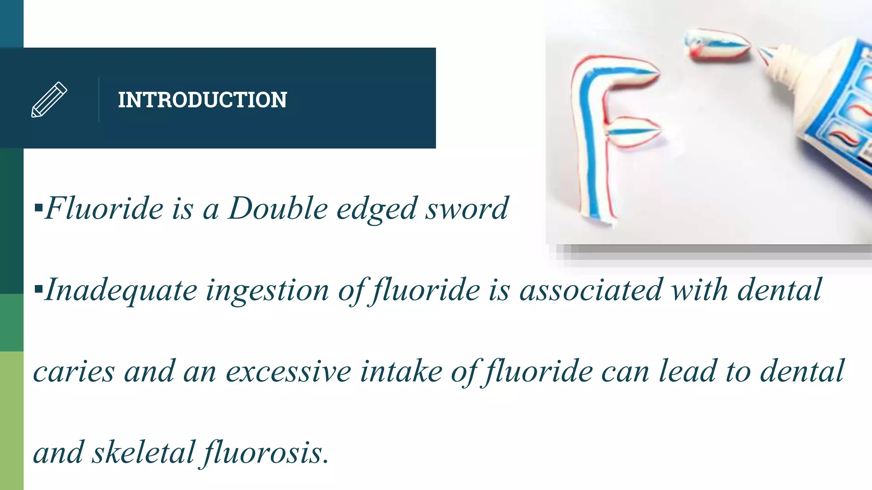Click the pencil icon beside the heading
tap(49, 100)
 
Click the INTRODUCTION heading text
tap(202, 100)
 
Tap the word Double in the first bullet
tap(278, 208)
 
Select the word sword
tap(467, 208)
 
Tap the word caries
tap(74, 371)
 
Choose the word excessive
tap(288, 371)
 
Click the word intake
tap(401, 371)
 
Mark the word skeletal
tap(143, 453)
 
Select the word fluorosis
tap(265, 453)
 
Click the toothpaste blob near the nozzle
tap(717, 44)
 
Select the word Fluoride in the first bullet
tap(104, 208)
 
